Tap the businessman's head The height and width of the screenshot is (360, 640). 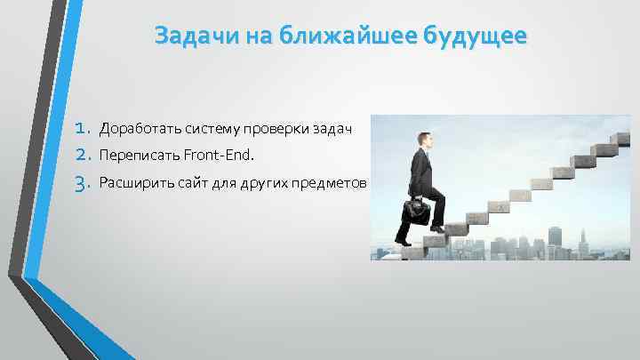[424, 140]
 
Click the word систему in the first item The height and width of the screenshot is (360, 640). [206, 130]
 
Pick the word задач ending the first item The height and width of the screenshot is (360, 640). [333, 130]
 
